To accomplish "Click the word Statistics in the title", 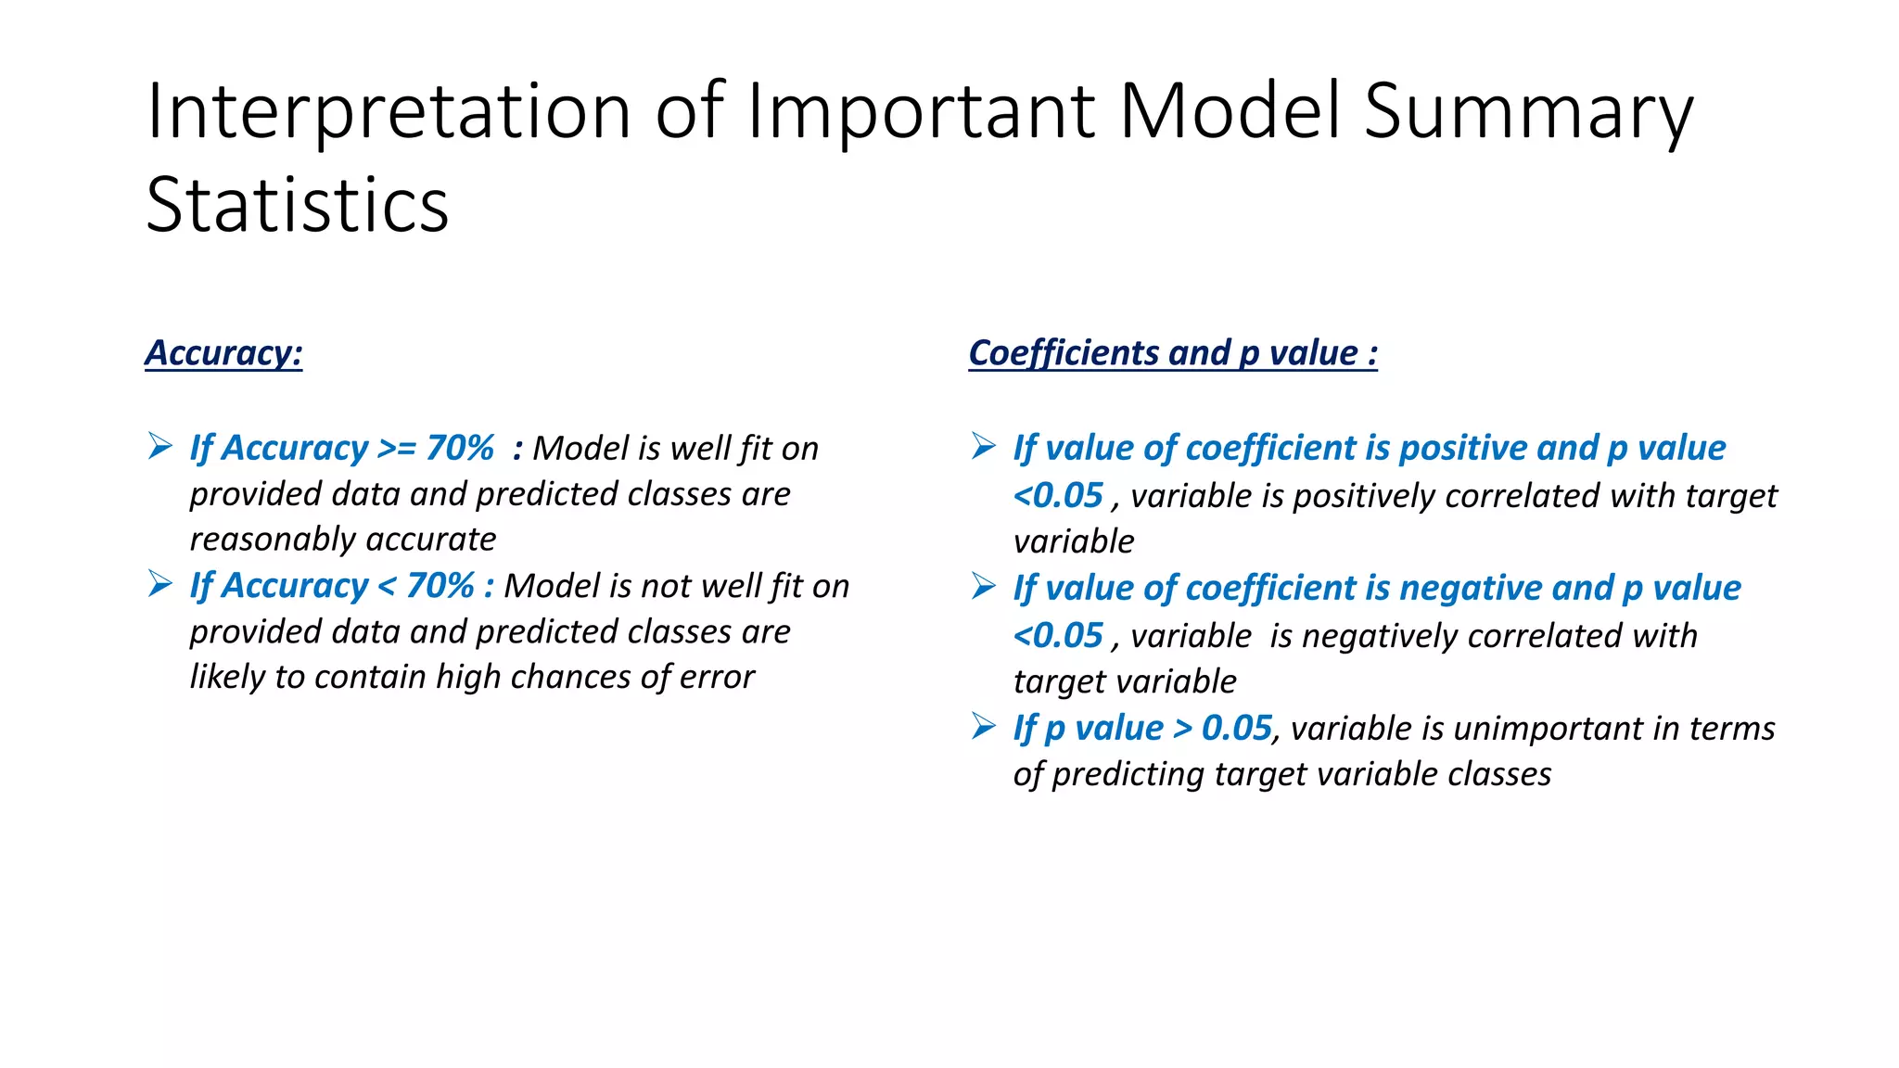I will coord(298,205).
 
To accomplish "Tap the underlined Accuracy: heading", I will coord(223,353).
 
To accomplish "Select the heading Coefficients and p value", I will coord(1172,353).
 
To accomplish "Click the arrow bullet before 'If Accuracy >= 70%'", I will coord(160,447).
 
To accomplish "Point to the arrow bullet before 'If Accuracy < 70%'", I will coord(160,584).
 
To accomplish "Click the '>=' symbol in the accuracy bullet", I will coord(397,449).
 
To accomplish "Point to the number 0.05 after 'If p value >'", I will coord(1236,729).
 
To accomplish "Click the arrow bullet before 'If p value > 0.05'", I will coord(984,727).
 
